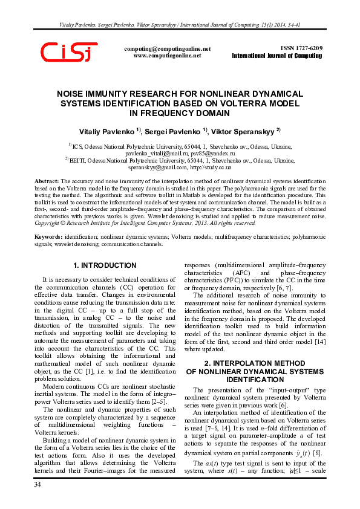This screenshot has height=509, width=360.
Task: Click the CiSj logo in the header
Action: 68,52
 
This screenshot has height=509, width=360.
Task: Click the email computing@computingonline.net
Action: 167,48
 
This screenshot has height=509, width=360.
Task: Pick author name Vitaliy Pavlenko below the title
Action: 108,131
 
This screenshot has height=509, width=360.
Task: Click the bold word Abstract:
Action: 47,181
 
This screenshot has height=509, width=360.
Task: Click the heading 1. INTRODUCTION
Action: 104,265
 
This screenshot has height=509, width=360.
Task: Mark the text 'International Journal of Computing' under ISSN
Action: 277,56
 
